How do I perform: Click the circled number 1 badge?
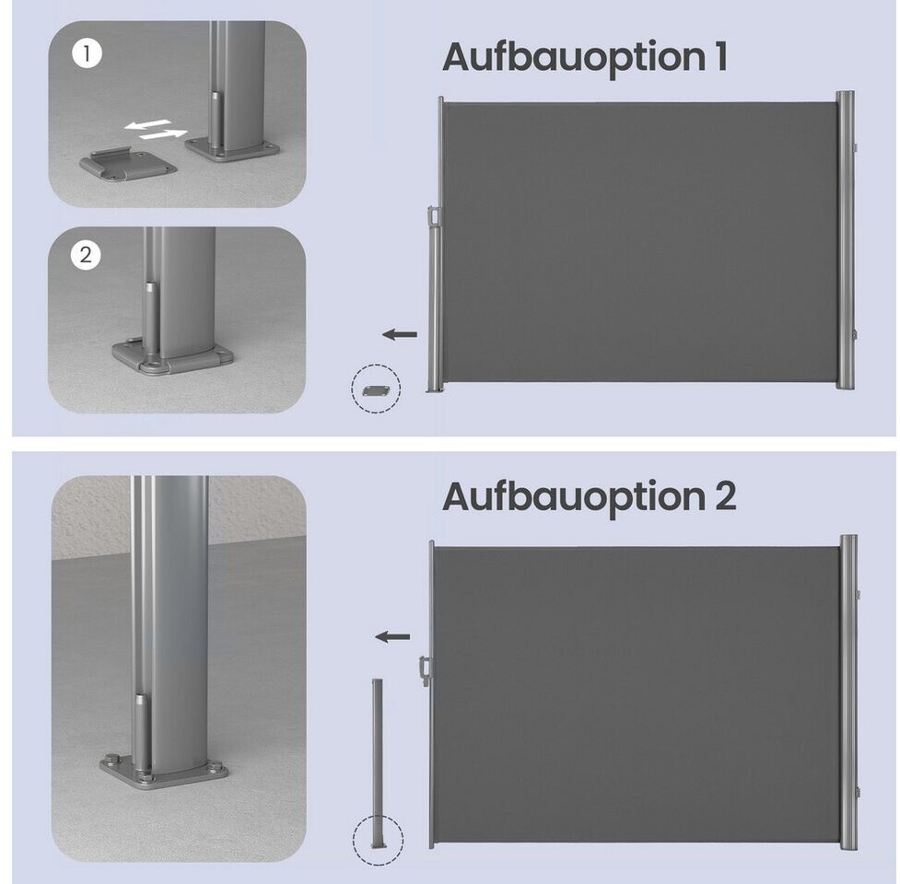[87, 53]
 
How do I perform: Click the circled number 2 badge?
[86, 255]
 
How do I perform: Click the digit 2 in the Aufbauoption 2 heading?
[726, 496]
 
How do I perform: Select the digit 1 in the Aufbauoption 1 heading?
[721, 56]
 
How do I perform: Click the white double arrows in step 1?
[156, 130]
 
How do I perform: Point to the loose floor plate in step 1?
[127, 164]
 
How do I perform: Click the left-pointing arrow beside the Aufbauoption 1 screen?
[400, 334]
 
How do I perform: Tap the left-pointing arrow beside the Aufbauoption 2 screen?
[392, 636]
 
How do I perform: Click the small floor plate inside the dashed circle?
[376, 390]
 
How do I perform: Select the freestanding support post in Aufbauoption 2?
[377, 763]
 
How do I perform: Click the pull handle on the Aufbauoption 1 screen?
[432, 218]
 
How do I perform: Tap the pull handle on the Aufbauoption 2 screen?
[425, 670]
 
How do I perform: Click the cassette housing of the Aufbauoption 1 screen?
[845, 239]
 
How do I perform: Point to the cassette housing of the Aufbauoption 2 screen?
[849, 692]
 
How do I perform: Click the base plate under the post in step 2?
[172, 357]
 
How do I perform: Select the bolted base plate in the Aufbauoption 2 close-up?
[164, 772]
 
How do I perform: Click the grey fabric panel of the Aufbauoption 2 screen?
[636, 695]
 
